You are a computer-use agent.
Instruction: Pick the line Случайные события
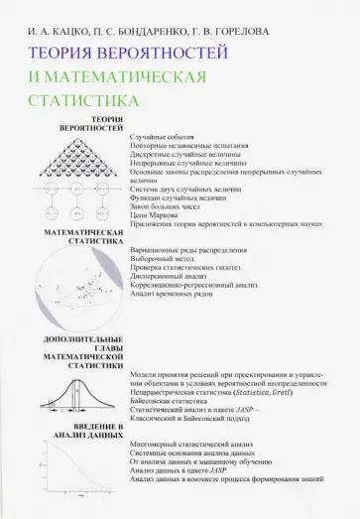[165, 134]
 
